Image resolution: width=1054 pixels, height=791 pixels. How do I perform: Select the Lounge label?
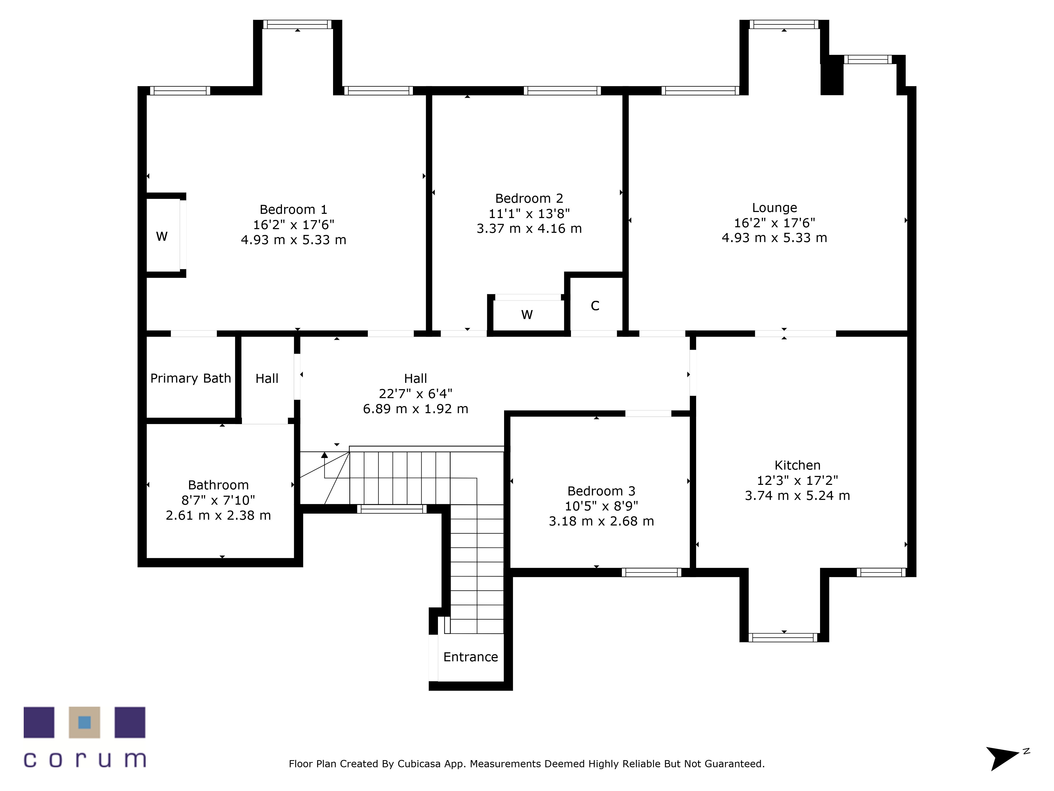[x=774, y=208]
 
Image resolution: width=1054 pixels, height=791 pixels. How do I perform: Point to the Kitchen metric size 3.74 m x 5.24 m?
[x=797, y=496]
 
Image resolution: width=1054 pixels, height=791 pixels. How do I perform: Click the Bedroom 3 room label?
[x=601, y=491]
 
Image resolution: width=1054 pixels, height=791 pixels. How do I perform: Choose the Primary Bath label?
[x=191, y=379]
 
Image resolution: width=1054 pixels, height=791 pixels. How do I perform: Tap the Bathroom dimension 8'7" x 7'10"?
[x=218, y=500]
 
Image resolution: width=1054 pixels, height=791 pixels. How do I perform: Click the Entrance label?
[x=471, y=657]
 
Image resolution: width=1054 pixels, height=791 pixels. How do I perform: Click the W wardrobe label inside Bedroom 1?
[x=162, y=237]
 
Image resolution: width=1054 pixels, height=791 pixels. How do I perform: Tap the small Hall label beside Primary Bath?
[x=267, y=379]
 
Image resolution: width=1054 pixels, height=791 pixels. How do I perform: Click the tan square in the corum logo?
[x=84, y=722]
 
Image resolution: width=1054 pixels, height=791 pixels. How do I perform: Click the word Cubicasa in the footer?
[x=419, y=764]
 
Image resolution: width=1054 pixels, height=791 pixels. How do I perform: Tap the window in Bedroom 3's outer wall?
[x=651, y=573]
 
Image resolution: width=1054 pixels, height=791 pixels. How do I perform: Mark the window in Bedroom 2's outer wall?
[x=562, y=91]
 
